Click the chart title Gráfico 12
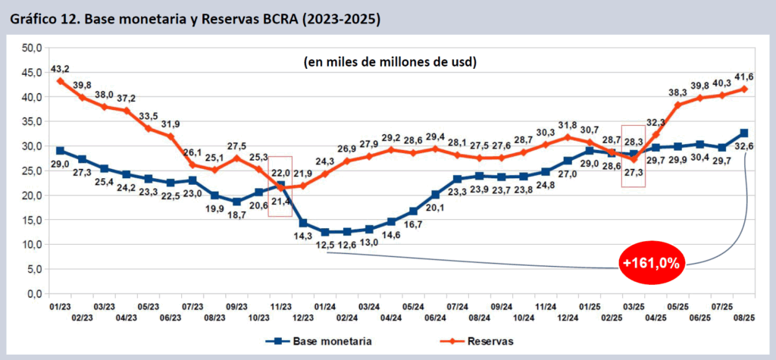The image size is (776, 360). (x=196, y=17)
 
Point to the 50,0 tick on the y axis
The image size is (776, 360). (x=31, y=48)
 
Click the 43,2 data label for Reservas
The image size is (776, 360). (x=61, y=69)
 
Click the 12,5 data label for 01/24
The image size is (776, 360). (x=326, y=244)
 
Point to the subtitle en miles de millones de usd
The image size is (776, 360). (x=394, y=61)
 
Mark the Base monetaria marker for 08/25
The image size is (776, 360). (x=744, y=133)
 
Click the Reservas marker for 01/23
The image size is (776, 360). (x=60, y=81)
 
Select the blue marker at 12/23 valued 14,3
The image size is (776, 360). (x=303, y=223)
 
